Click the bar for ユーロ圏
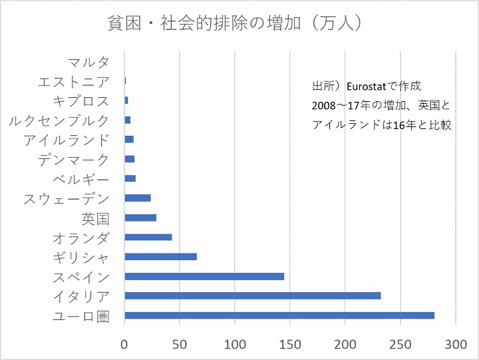[x=279, y=315]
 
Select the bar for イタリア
[x=253, y=295]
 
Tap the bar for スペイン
[x=204, y=276]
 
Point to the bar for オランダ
[x=148, y=237]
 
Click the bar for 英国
[x=140, y=218]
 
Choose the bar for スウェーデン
[x=138, y=198]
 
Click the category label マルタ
[x=88, y=63]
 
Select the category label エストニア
[x=74, y=82]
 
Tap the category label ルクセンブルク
[x=59, y=120]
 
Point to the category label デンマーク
[x=74, y=160]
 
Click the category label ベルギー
[x=81, y=179]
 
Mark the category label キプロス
[x=81, y=101]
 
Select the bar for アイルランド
[x=129, y=139]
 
